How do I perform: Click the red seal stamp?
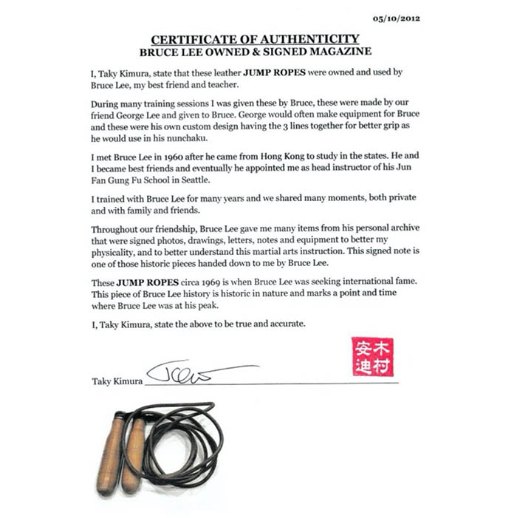tap(372, 357)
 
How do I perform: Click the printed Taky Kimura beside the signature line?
tap(116, 381)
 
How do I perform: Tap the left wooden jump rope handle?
tap(110, 454)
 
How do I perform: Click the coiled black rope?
tap(185, 436)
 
